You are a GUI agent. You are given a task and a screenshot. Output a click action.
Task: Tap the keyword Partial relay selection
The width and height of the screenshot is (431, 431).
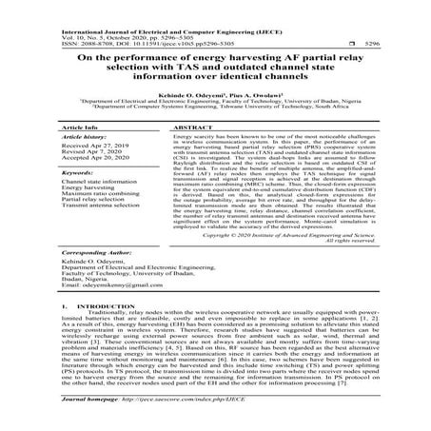[93, 200]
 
